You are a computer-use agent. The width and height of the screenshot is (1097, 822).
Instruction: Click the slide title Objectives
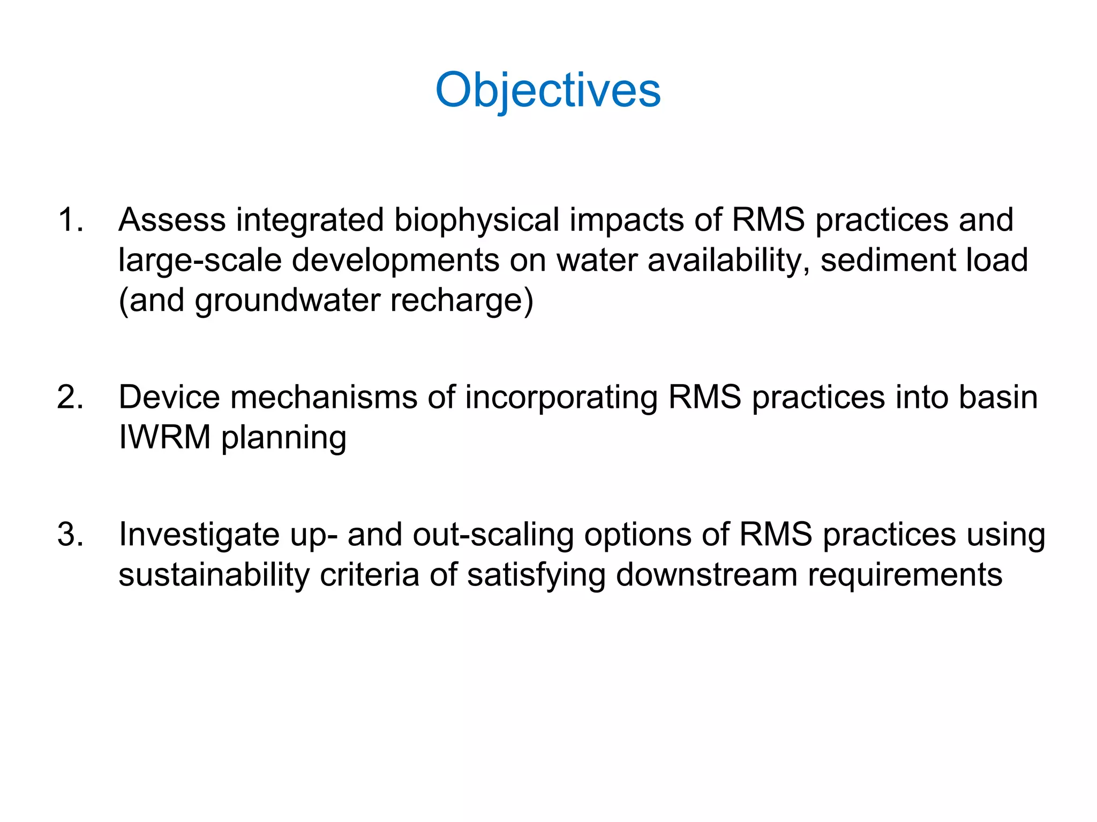548,90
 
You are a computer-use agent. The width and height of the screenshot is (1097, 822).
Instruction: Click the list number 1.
70,220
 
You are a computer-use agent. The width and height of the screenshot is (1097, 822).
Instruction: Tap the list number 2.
70,398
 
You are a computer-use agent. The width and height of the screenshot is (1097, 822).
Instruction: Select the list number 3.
70,535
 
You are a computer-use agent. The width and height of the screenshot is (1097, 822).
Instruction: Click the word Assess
172,220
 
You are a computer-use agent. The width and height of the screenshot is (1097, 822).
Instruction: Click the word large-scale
200,260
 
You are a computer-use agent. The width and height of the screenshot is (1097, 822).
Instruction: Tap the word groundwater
287,301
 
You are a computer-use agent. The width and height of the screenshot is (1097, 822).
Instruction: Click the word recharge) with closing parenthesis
462,301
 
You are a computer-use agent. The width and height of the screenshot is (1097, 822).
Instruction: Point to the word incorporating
561,398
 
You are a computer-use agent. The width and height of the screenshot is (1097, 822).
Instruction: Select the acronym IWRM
164,438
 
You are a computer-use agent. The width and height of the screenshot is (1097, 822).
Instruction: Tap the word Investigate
199,535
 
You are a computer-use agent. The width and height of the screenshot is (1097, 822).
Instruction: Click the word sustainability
214,575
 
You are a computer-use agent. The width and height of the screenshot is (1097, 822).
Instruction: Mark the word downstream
707,575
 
